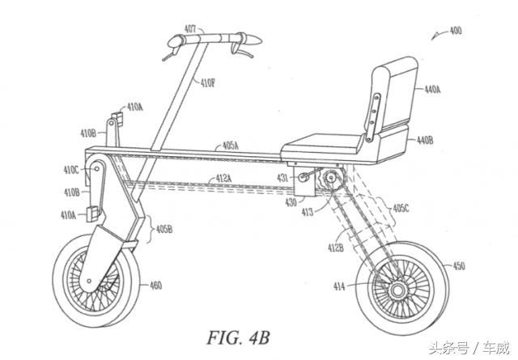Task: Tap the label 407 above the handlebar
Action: [x=189, y=28]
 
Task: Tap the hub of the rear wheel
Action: [x=398, y=289]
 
